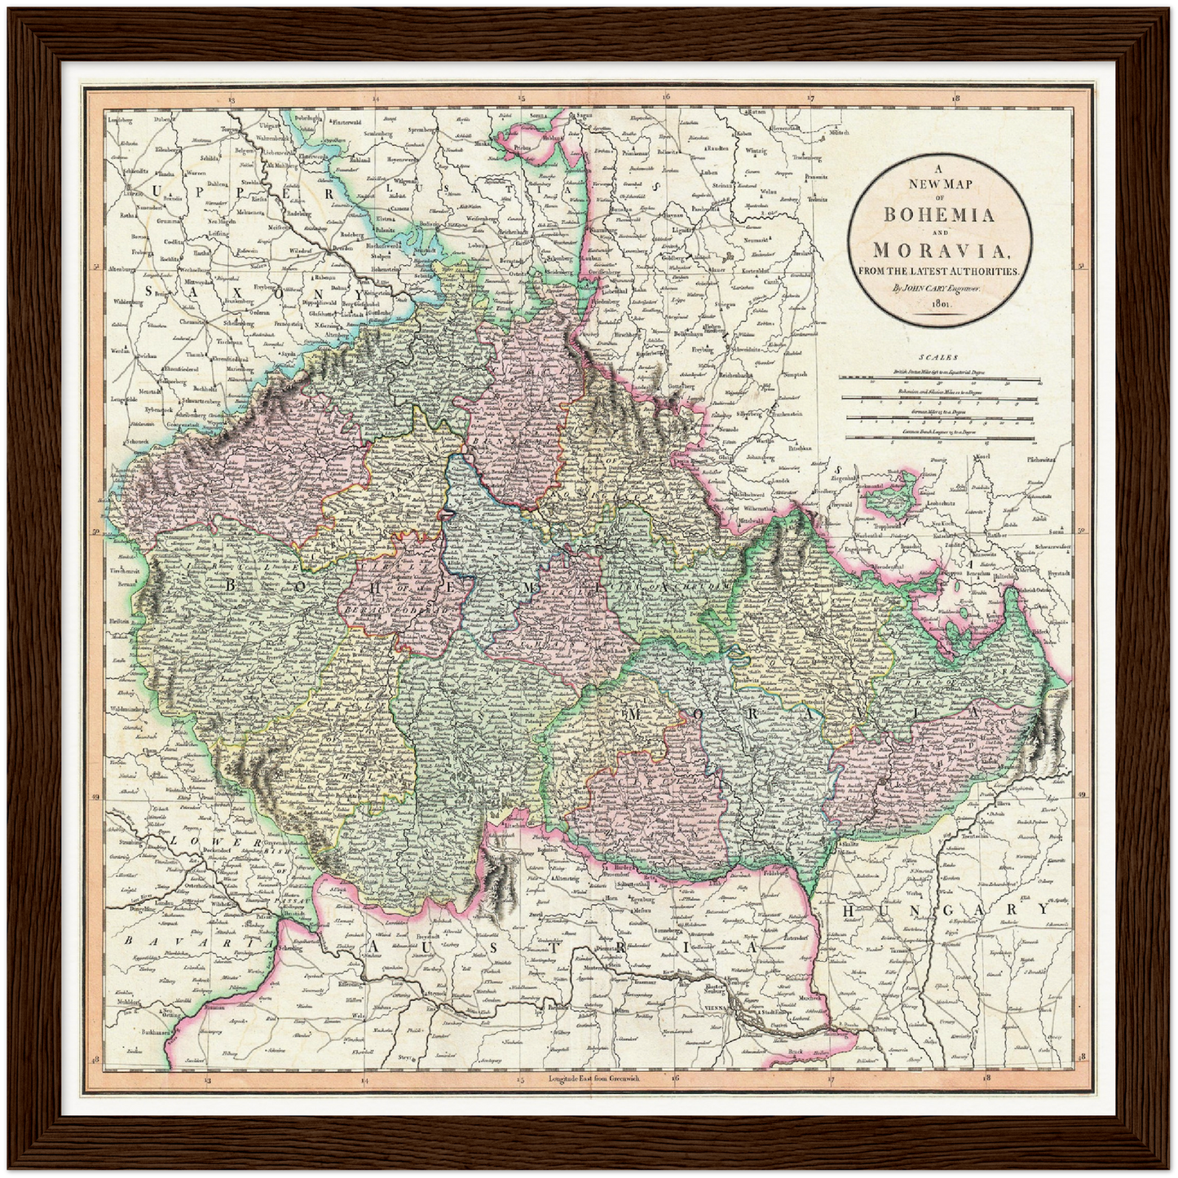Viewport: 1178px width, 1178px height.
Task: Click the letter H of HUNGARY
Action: pos(850,910)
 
